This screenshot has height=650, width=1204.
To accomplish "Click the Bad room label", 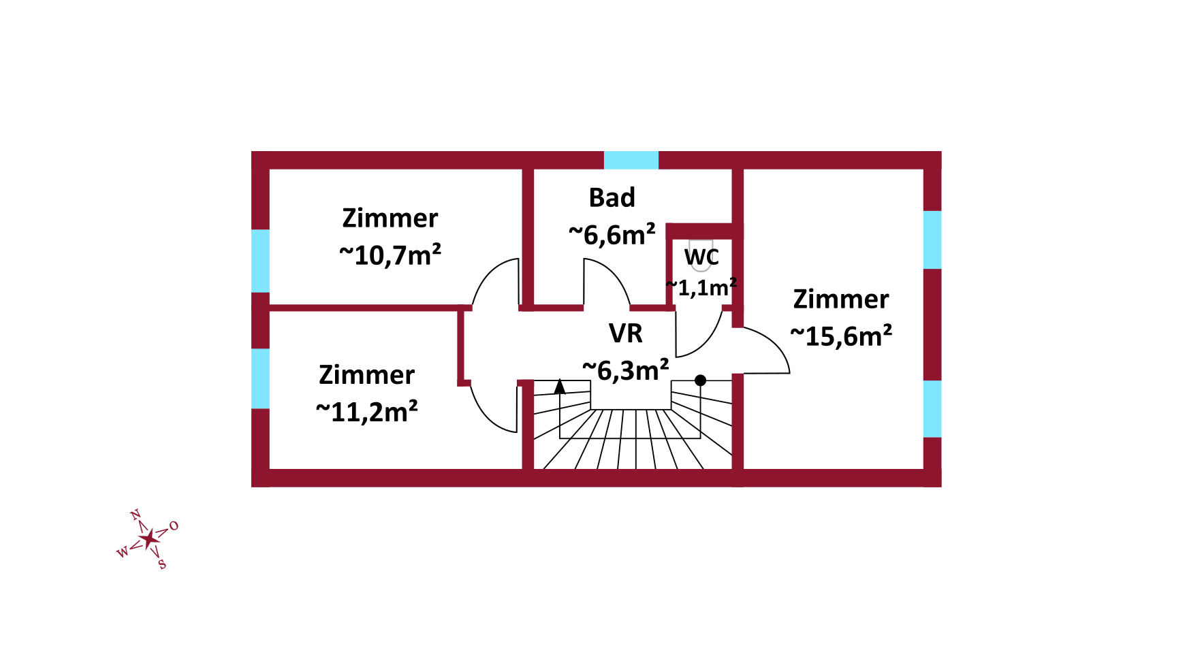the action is pyautogui.click(x=612, y=197).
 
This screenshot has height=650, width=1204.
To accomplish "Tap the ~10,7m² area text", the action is pyautogui.click(x=390, y=255).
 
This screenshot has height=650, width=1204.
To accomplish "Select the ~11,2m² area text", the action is pyautogui.click(x=367, y=412).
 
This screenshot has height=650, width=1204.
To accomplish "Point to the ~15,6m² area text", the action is pyautogui.click(x=841, y=336).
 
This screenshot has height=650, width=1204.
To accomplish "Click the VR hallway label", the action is pyautogui.click(x=625, y=334).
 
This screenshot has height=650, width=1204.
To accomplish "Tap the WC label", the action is pyautogui.click(x=701, y=257).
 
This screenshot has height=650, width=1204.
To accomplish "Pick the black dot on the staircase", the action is pyautogui.click(x=700, y=380).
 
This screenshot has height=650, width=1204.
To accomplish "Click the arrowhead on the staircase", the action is pyautogui.click(x=560, y=387).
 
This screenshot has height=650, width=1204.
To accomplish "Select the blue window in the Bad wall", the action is pyautogui.click(x=631, y=160).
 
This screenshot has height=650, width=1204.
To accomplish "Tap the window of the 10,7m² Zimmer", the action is pyautogui.click(x=260, y=261).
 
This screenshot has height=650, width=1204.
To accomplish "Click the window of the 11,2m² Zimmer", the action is pyautogui.click(x=260, y=378).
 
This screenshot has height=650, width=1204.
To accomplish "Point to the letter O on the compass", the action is pyautogui.click(x=174, y=525).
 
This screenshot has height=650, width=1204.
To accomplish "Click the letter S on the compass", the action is pyautogui.click(x=161, y=564).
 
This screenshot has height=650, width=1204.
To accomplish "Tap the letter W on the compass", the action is pyautogui.click(x=123, y=552).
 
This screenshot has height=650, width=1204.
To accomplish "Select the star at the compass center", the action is pyautogui.click(x=148, y=539).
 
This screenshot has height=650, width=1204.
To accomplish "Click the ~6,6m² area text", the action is pyautogui.click(x=612, y=235).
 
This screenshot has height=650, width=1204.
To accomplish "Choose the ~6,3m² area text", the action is pyautogui.click(x=625, y=370).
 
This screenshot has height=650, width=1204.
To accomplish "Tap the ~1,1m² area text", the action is pyautogui.click(x=701, y=287).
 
